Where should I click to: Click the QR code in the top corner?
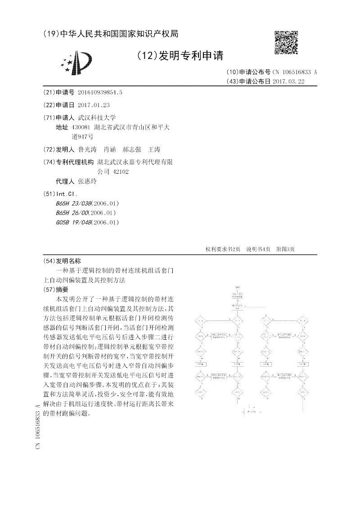[x=286, y=42]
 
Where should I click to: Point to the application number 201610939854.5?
[x=100, y=92]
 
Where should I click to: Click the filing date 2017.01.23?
[x=94, y=105]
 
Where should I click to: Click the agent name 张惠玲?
[x=87, y=182]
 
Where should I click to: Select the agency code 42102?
[x=121, y=171]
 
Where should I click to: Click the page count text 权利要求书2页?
[x=223, y=249]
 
